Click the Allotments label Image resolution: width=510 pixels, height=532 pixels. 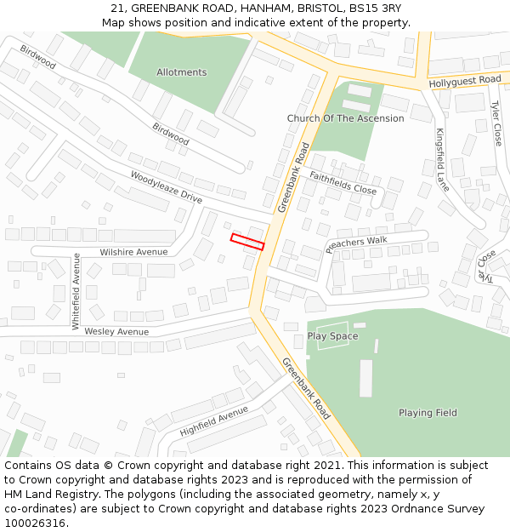181,72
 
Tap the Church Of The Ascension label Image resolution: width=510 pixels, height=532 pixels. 345,118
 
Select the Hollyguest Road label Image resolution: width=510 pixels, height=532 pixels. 465,80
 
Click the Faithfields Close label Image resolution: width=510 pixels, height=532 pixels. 343,183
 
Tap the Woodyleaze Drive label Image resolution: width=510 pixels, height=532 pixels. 166,187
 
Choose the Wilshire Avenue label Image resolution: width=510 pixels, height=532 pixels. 133,252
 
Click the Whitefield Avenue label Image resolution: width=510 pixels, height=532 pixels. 76,291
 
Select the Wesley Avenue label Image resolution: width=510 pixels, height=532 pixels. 116,331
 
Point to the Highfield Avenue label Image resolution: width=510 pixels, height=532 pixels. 214,420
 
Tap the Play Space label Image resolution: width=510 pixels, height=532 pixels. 332,336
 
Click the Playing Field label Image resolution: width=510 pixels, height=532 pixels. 428,413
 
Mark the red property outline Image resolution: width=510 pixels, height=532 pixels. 247,242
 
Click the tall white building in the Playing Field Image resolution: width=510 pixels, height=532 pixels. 365,378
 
